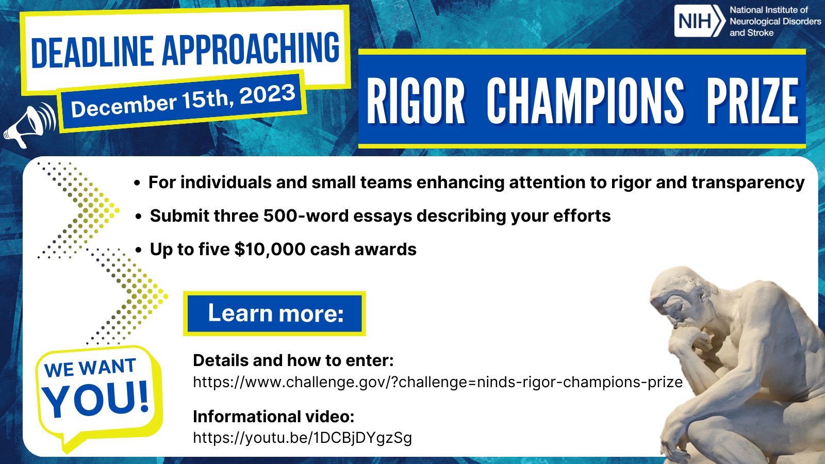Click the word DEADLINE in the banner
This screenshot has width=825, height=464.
92,52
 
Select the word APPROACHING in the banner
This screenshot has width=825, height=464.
251,47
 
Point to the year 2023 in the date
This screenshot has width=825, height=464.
268,95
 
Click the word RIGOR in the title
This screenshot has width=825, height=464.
416,101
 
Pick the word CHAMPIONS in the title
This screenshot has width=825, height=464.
585,101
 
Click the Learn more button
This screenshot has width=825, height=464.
274,313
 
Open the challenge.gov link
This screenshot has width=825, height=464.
438,382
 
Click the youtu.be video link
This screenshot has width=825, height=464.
302,438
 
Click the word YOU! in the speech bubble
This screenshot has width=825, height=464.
96,399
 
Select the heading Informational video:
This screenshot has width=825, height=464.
274,417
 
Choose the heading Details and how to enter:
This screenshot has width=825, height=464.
293,360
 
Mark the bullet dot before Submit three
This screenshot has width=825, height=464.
139,217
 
